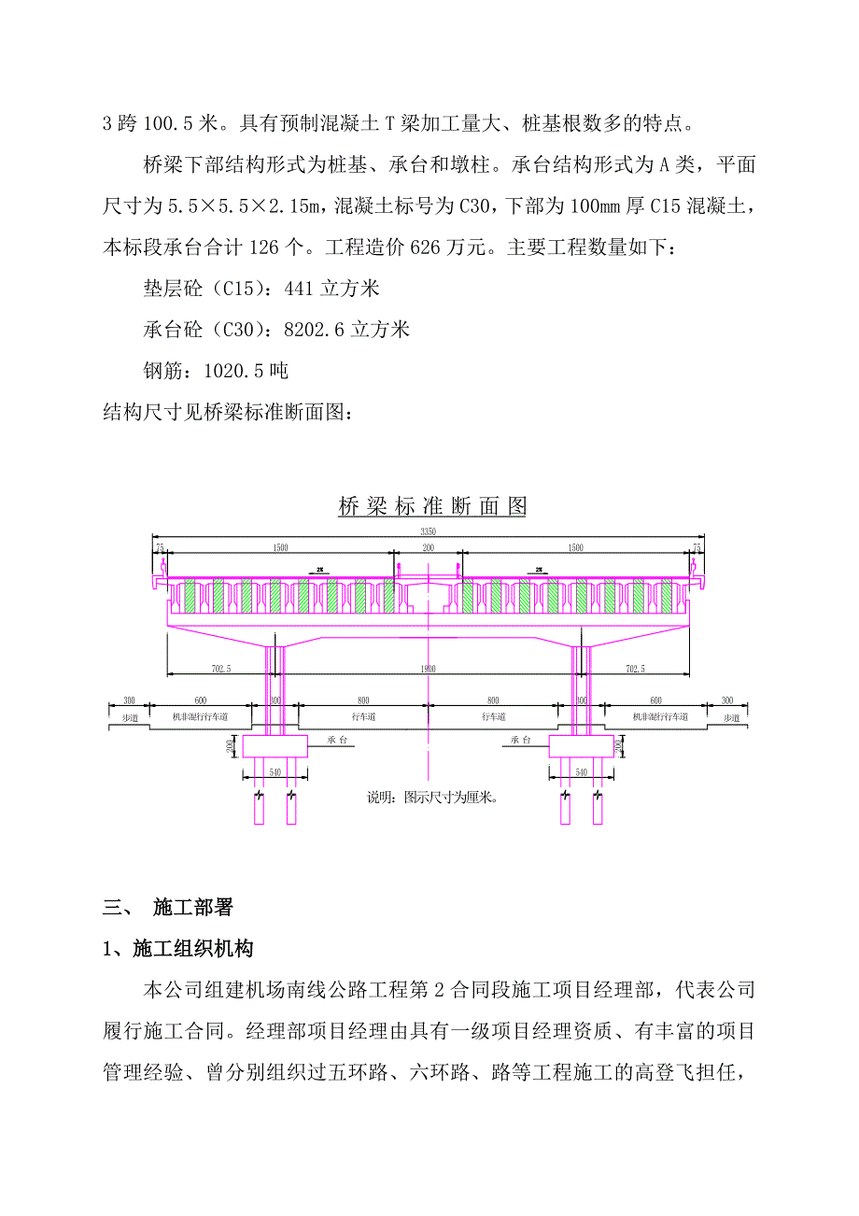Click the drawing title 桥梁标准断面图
(x=431, y=506)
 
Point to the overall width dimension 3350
(x=428, y=531)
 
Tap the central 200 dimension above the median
(x=428, y=547)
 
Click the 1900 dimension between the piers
(x=428, y=669)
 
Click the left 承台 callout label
(x=338, y=737)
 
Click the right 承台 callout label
(x=520, y=737)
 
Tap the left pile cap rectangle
(x=275, y=744)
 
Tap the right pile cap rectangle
(x=581, y=744)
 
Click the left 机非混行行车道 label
(x=200, y=716)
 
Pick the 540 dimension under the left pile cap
(x=275, y=772)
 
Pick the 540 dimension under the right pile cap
(x=581, y=772)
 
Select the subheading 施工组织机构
(x=193, y=949)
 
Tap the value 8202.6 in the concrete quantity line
(x=309, y=330)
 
